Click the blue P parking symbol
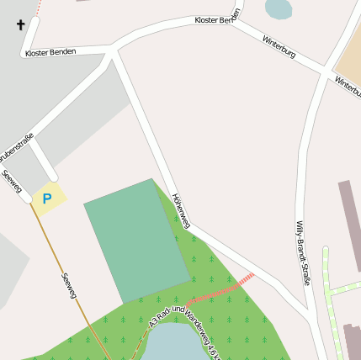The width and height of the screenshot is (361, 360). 47,199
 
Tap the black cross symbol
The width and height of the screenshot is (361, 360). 20,25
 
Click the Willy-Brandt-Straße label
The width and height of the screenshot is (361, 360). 302,252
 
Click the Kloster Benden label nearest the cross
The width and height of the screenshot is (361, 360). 50,52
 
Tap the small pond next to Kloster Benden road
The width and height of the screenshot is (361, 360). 278,8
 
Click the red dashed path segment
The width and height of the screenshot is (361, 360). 220,288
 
